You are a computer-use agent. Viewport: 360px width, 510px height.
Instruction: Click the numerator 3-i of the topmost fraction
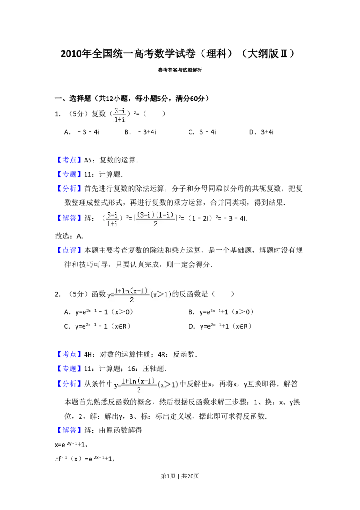tap(119, 111)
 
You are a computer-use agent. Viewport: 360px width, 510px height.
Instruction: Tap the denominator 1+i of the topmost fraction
tap(119, 120)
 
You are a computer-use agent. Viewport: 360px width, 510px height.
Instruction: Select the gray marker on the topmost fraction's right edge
tap(128, 113)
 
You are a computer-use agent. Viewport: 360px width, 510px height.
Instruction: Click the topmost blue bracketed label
tap(70, 160)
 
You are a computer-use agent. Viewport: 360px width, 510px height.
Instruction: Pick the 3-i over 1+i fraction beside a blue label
tap(112, 219)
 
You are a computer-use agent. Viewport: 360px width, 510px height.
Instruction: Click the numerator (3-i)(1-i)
tap(155, 216)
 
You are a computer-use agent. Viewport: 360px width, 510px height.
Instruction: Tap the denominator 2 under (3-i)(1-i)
tap(155, 224)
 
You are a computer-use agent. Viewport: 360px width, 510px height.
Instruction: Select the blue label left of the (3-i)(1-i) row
tap(70, 218)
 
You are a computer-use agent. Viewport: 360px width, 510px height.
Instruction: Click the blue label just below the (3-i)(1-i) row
tap(70, 250)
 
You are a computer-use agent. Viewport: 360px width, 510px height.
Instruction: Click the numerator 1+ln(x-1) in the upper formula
tap(131, 291)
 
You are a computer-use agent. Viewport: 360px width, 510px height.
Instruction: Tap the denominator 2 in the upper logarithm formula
tap(131, 300)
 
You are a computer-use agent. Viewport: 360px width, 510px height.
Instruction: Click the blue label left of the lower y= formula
tap(70, 384)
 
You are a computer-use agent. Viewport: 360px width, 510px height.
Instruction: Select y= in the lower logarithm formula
tap(117, 386)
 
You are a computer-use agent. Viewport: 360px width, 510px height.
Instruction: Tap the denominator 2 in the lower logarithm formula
tap(139, 390)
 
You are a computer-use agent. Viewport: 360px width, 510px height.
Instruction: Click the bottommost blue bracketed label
tap(70, 430)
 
